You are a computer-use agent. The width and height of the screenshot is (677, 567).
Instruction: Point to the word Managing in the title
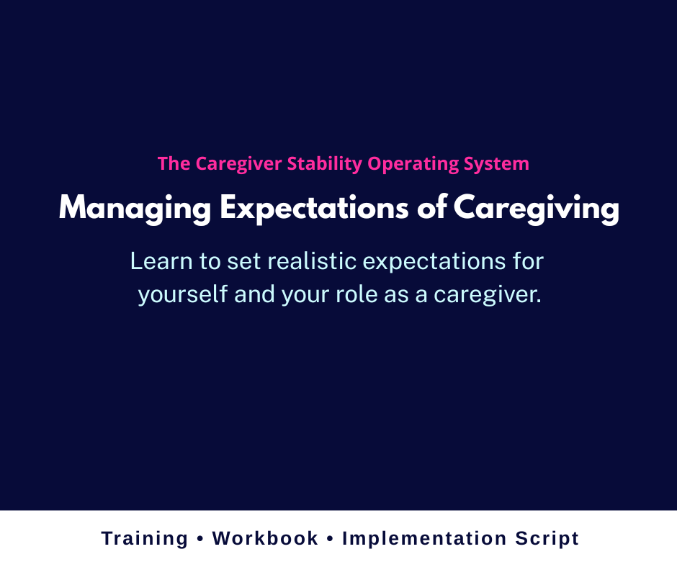click(135, 209)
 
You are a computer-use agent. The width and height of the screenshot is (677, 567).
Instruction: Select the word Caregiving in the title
click(536, 209)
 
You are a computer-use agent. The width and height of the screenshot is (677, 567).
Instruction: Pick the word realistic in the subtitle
click(313, 261)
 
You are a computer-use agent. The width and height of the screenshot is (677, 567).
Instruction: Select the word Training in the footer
click(145, 538)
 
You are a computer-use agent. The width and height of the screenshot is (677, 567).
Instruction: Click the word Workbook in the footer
click(265, 538)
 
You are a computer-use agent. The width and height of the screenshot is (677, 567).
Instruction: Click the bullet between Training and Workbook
click(200, 539)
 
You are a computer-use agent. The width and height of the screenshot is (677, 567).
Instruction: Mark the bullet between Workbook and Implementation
click(330, 539)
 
